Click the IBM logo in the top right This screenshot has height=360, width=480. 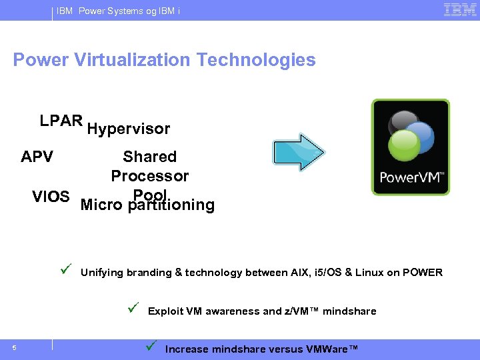pos(459,10)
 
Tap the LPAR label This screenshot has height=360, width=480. pos(61,121)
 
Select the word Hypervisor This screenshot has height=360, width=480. pos(129,129)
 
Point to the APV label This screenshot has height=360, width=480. pos(37,157)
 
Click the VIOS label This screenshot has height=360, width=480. pos(51,197)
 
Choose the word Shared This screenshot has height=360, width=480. pos(149,157)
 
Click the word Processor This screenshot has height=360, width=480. pos(149,176)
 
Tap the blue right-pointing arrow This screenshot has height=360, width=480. pos(299,153)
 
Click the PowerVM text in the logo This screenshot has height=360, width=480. pos(410,178)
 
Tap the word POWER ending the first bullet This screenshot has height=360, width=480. pos(422,273)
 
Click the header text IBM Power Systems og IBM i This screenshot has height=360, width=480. pos(118,11)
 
